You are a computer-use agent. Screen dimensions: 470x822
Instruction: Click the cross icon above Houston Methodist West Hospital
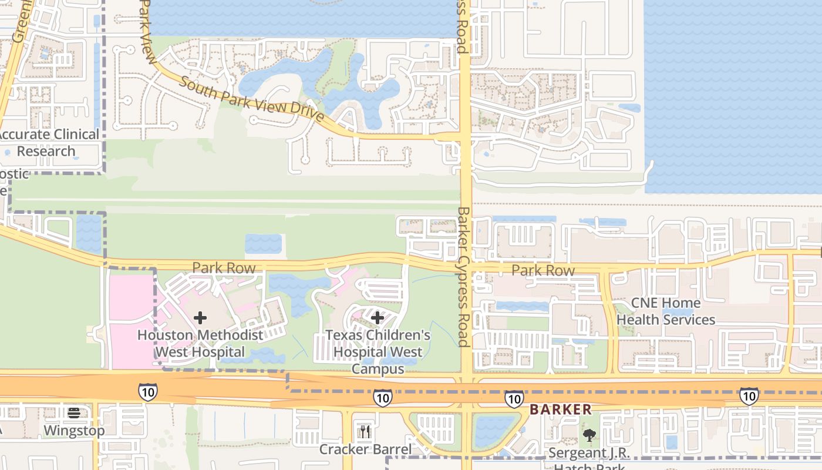(200, 318)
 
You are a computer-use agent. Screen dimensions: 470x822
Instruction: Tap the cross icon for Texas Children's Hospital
(378, 318)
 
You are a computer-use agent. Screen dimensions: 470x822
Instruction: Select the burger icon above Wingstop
(74, 413)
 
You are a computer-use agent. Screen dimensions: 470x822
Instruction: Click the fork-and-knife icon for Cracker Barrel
(365, 432)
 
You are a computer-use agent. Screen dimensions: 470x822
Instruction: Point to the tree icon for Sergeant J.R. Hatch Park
(589, 435)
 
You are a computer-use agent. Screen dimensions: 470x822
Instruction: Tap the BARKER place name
(561, 409)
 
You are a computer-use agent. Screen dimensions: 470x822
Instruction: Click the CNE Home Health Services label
(666, 311)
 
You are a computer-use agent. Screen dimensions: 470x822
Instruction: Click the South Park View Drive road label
(251, 99)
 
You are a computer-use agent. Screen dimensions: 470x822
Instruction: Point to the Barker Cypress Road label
(464, 276)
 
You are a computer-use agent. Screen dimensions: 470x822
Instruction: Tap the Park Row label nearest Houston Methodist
(224, 268)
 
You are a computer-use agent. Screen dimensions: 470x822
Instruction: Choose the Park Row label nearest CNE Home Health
(543, 270)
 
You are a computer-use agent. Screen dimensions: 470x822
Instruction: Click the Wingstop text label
(74, 430)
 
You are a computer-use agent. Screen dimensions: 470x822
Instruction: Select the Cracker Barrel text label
(365, 449)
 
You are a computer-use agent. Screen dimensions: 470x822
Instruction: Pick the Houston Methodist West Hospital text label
(200, 344)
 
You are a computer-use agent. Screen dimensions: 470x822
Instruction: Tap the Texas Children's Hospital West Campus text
(378, 352)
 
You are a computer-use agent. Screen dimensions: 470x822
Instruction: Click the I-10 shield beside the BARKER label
(514, 399)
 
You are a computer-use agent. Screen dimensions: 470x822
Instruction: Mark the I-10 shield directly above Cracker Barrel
(382, 398)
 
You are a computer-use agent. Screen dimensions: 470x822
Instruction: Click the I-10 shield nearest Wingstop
(147, 391)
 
